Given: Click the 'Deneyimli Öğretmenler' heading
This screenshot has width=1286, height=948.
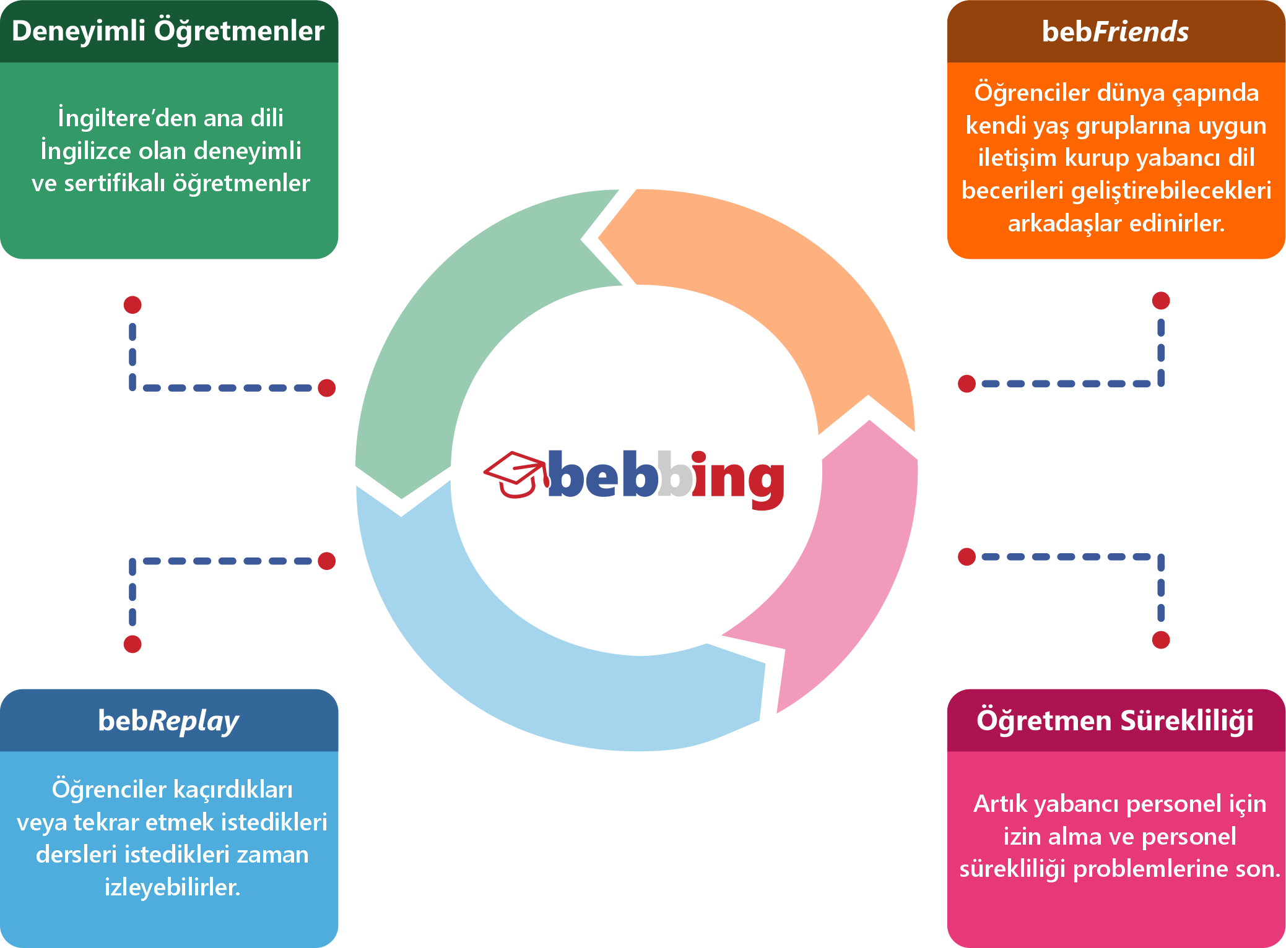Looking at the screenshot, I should [x=168, y=31].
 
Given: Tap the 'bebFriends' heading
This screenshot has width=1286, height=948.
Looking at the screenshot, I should [x=1115, y=32].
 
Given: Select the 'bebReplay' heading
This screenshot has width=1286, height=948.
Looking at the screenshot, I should [x=168, y=721].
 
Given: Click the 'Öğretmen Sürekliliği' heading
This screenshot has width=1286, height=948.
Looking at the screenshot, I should [x=1115, y=720].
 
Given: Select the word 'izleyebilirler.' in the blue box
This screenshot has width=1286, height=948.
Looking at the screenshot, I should [x=172, y=887].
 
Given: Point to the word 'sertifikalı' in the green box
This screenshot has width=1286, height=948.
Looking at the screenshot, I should [x=115, y=183].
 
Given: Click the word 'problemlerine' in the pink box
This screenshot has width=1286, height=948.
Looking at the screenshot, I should [x=1151, y=869].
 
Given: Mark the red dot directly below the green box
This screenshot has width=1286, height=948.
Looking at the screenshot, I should [x=133, y=304].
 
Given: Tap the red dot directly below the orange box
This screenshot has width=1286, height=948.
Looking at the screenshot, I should [x=1161, y=301].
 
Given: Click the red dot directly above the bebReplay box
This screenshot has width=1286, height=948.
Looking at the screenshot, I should [x=133, y=644].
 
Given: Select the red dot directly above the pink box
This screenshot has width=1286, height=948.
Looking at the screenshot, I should [x=1161, y=640].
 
